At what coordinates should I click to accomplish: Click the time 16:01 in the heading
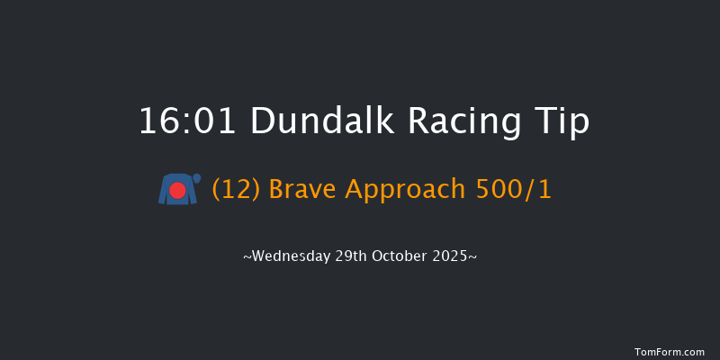click(x=187, y=121)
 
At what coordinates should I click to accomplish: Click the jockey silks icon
click(x=178, y=189)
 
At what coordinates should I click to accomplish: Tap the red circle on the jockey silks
click(x=178, y=191)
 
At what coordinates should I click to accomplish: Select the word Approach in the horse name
click(x=403, y=190)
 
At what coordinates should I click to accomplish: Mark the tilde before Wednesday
click(x=247, y=257)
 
